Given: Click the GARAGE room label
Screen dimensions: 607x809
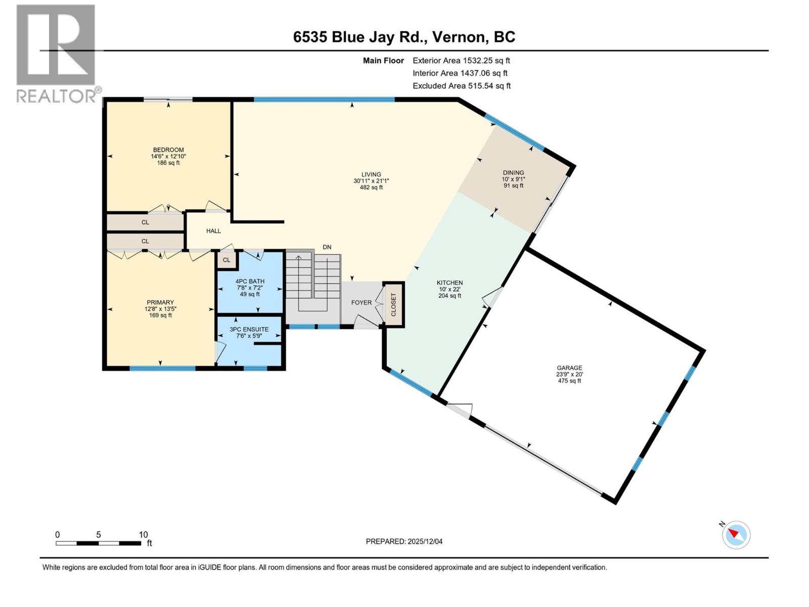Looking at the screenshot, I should coord(569,368).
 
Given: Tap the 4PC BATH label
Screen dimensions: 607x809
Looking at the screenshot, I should coord(250,281).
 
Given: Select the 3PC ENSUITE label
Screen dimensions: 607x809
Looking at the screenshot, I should coord(249,329).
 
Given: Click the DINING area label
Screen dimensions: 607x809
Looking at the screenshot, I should coord(513,172).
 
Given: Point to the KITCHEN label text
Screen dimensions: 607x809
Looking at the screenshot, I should coord(450,283).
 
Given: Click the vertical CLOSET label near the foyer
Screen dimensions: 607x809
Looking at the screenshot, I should coord(393,305).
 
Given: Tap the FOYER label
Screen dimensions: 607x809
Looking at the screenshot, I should coord(361,302).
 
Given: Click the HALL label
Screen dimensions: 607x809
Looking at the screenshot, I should coord(213,231).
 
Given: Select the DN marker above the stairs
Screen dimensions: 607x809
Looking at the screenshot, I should coord(327,247).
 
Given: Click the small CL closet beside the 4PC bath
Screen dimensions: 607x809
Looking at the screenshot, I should coord(226,260).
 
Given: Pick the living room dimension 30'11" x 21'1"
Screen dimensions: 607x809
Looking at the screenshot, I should coord(371,181).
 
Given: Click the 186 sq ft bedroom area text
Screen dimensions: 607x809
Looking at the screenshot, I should coord(168,163).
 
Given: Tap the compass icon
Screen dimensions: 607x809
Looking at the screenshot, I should coord(736,535).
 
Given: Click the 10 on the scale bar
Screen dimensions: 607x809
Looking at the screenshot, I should coord(143,535).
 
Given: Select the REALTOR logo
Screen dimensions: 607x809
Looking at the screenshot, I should coord(56,53).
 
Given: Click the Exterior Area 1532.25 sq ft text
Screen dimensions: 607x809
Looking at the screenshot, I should coord(461,60).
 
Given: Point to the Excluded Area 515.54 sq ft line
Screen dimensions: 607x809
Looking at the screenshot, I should coord(461,85).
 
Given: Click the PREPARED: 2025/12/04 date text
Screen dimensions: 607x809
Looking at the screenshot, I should coord(404,541).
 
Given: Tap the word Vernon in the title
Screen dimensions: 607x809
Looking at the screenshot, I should coord(459,37).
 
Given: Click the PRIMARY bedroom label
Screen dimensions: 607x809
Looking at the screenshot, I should coord(160,302).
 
